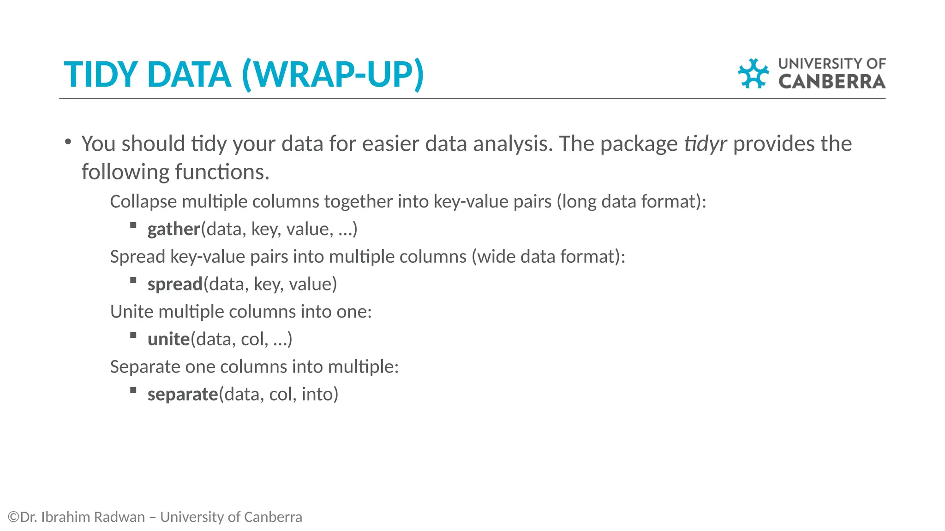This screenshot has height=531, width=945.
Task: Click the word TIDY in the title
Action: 100,75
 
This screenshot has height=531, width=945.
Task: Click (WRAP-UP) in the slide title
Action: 332,75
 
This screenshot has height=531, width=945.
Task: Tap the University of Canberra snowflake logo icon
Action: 753,73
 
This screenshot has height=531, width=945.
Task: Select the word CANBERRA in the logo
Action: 831,82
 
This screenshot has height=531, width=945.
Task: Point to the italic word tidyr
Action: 705,144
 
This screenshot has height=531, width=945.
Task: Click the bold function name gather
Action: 173,229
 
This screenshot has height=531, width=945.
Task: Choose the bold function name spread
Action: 175,284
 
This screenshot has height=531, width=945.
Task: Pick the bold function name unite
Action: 168,339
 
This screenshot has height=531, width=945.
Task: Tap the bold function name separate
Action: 182,395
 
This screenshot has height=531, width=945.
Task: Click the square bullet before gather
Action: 133,225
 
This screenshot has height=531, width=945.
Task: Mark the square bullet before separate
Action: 133,390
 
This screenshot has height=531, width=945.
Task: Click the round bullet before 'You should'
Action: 68,142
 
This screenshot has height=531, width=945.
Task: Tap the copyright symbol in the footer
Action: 13,517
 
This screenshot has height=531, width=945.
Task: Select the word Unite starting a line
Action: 132,312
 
